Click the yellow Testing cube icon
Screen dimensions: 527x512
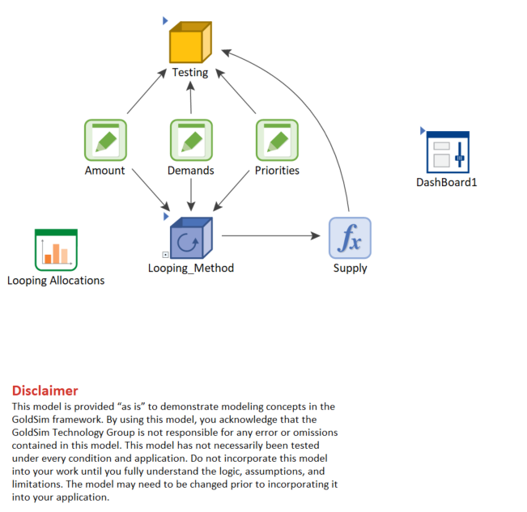coord(190,42)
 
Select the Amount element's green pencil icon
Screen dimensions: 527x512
coord(105,140)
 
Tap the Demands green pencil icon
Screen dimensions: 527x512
coord(191,140)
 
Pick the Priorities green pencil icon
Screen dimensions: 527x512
coord(277,140)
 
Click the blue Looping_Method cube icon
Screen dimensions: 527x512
coord(191,238)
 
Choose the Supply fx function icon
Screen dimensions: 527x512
coord(350,238)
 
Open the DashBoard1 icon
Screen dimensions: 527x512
coord(448,152)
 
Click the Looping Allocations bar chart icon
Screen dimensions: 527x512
coord(56,250)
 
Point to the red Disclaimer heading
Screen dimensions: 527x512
coord(45,391)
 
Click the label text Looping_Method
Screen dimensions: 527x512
coord(191,268)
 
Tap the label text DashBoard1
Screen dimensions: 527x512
coord(446,182)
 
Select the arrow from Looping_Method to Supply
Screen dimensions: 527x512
coord(271,235)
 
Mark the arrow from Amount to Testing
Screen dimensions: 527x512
coord(147,91)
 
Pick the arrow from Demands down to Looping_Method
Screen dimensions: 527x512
coord(191,195)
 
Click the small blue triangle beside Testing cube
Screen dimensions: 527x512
coord(165,21)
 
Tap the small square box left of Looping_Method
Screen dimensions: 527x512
coord(165,255)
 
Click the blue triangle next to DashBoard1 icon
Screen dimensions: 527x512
coord(423,130)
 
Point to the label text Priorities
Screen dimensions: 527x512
coord(277,171)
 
